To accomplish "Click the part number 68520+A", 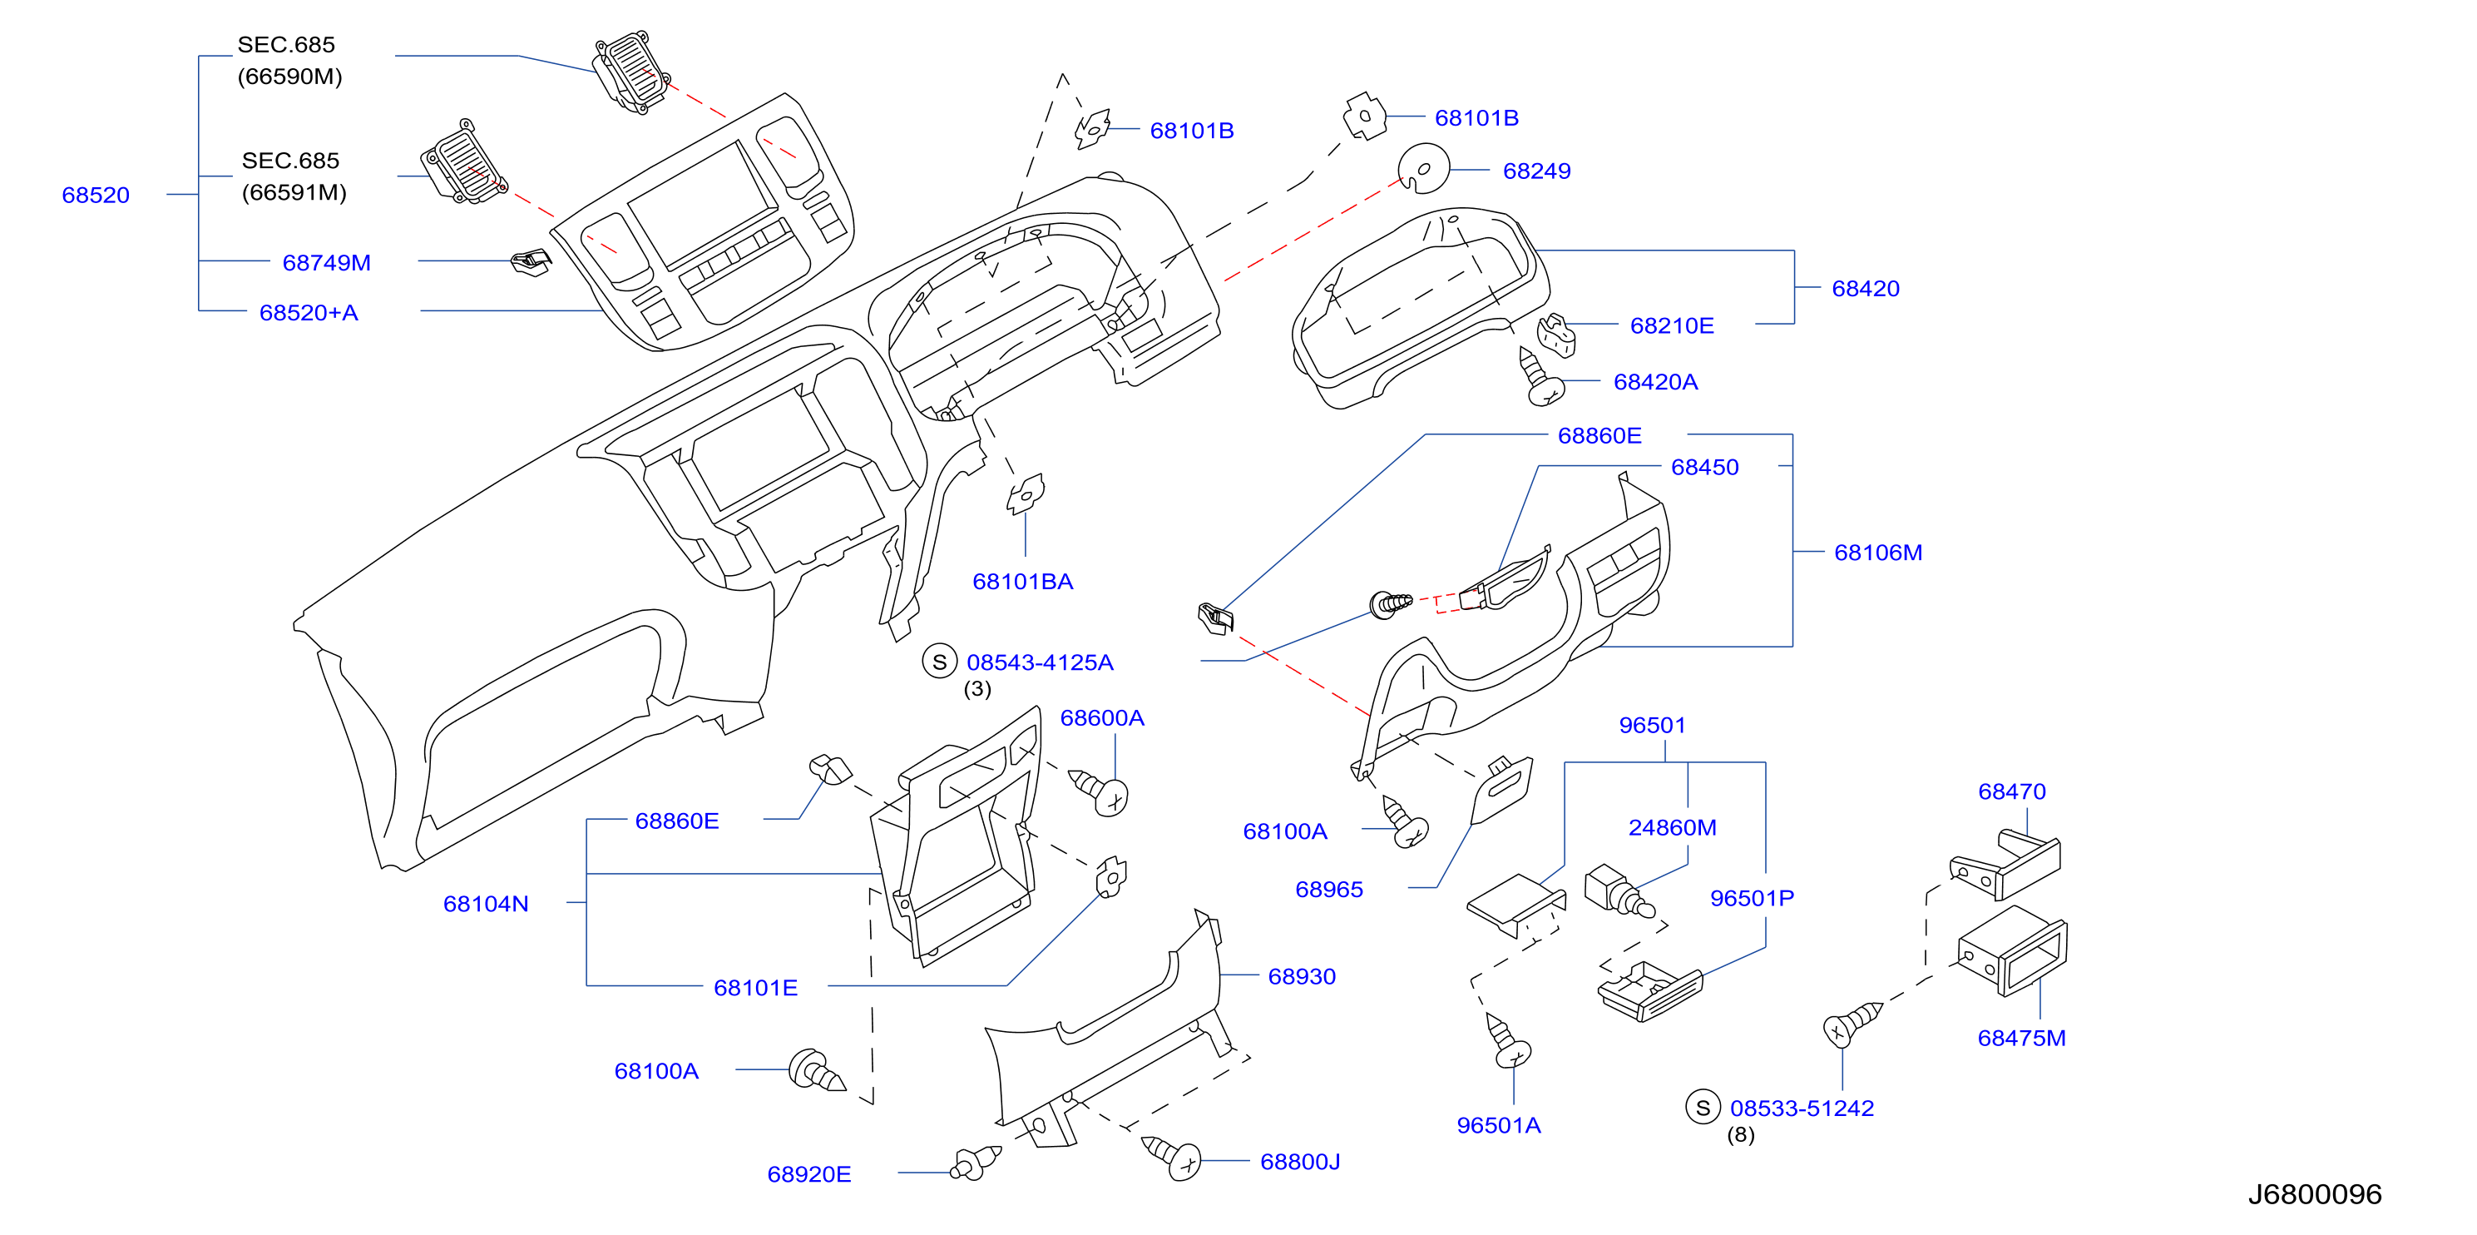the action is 309,313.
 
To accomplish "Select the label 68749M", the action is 326,263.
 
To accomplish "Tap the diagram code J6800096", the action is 2315,1193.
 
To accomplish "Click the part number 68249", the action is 1536,171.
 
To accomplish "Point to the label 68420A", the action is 1655,382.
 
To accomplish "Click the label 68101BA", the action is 1022,581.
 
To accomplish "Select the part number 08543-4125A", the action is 1040,662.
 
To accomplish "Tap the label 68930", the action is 1302,976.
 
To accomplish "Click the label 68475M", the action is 2021,1038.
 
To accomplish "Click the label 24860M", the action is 1672,827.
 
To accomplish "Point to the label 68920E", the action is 808,1174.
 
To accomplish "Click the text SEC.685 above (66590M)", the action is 287,44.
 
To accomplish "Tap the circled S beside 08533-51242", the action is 1703,1107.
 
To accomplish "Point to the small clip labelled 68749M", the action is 531,260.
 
